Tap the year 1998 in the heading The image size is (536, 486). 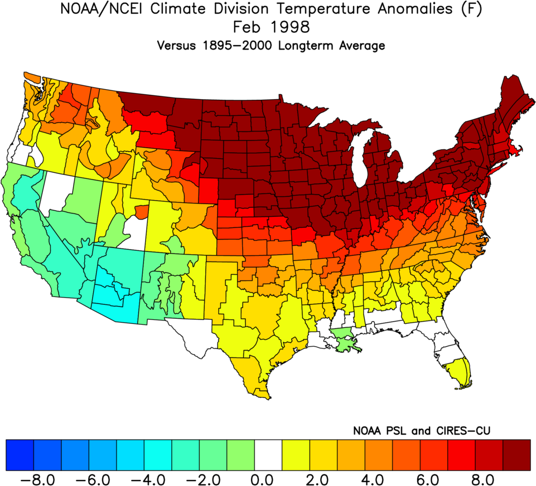[287, 28]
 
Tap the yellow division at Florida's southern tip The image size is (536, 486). [462, 372]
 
